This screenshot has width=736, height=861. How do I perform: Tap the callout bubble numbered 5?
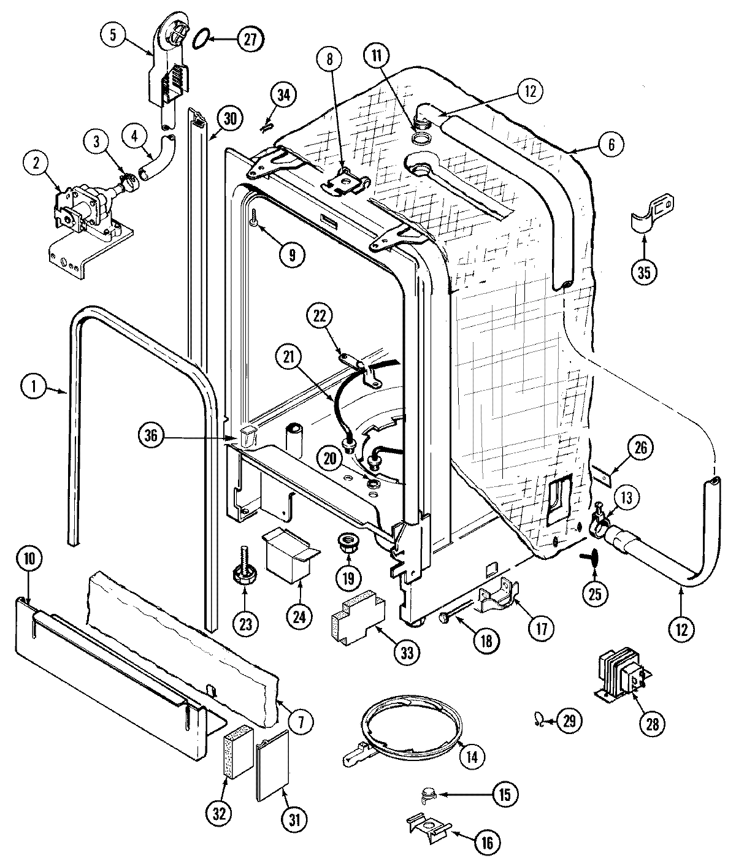click(x=113, y=35)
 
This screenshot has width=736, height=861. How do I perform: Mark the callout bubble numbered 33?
click(x=407, y=654)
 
